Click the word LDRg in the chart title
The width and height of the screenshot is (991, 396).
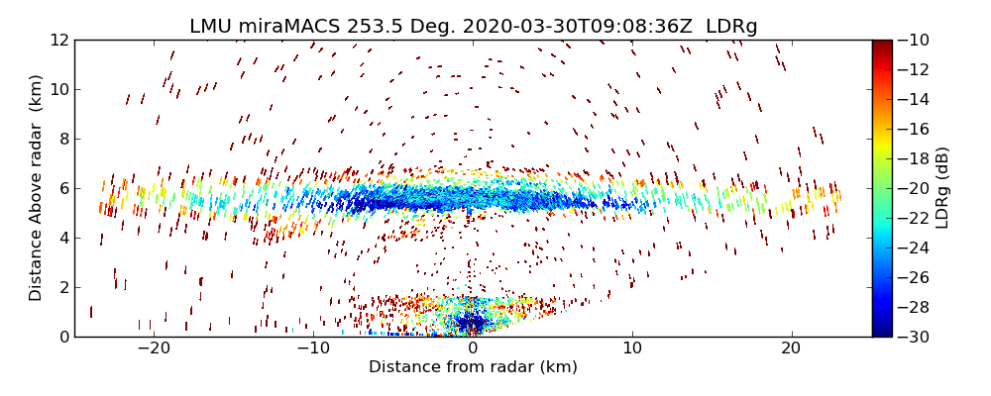(731, 27)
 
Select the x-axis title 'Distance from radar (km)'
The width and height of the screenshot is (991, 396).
(473, 367)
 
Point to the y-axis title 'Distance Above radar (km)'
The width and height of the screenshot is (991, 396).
(37, 188)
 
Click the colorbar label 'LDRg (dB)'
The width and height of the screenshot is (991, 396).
(941, 188)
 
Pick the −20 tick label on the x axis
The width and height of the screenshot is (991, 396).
(154, 348)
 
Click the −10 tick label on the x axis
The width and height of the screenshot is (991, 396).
(313, 348)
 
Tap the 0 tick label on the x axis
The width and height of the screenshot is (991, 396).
(473, 348)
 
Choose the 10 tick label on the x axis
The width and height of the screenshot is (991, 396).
(632, 348)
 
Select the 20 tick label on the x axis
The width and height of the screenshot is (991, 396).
(791, 348)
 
